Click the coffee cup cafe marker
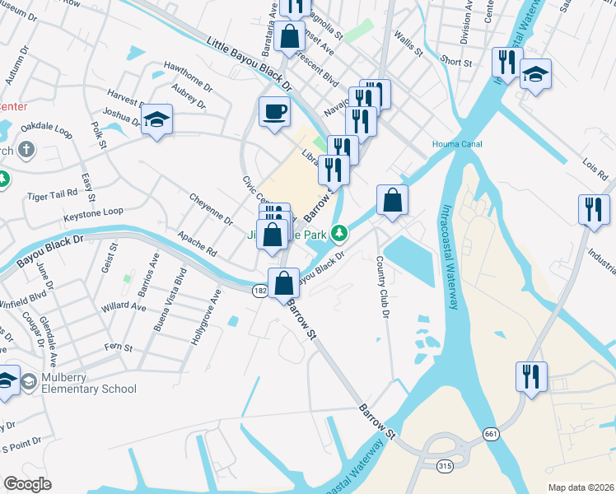pyautogui.click(x=274, y=111)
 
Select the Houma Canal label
pyautogui.click(x=457, y=145)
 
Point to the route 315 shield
pyautogui.click(x=445, y=466)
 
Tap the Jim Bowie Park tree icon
pyautogui.click(x=338, y=234)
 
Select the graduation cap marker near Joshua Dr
pyautogui.click(x=156, y=119)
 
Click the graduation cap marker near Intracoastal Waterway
pyautogui.click(x=535, y=76)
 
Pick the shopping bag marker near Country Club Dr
pyautogui.click(x=393, y=199)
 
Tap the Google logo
pyautogui.click(x=28, y=484)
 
